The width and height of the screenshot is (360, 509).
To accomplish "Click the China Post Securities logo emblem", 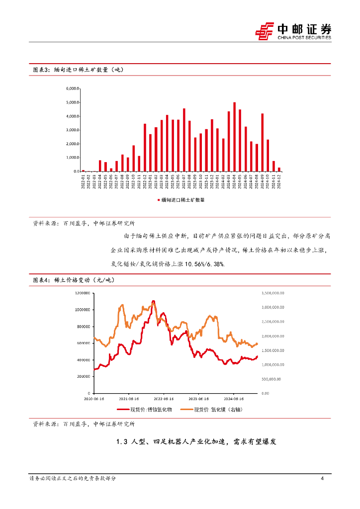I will point(265,31).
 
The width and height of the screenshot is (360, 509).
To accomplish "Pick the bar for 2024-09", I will point(262,142).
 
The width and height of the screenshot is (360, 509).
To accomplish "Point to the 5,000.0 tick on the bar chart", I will point(73,102).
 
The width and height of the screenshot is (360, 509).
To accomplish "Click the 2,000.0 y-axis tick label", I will point(73,144).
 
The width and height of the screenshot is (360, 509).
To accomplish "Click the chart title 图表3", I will point(41,70).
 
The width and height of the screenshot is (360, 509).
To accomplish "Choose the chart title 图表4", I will point(41,280).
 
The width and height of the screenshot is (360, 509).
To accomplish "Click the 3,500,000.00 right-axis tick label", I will point(272,293).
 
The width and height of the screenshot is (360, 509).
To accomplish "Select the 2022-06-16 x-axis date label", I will point(163,399).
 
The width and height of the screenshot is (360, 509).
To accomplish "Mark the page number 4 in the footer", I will point(322,478).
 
